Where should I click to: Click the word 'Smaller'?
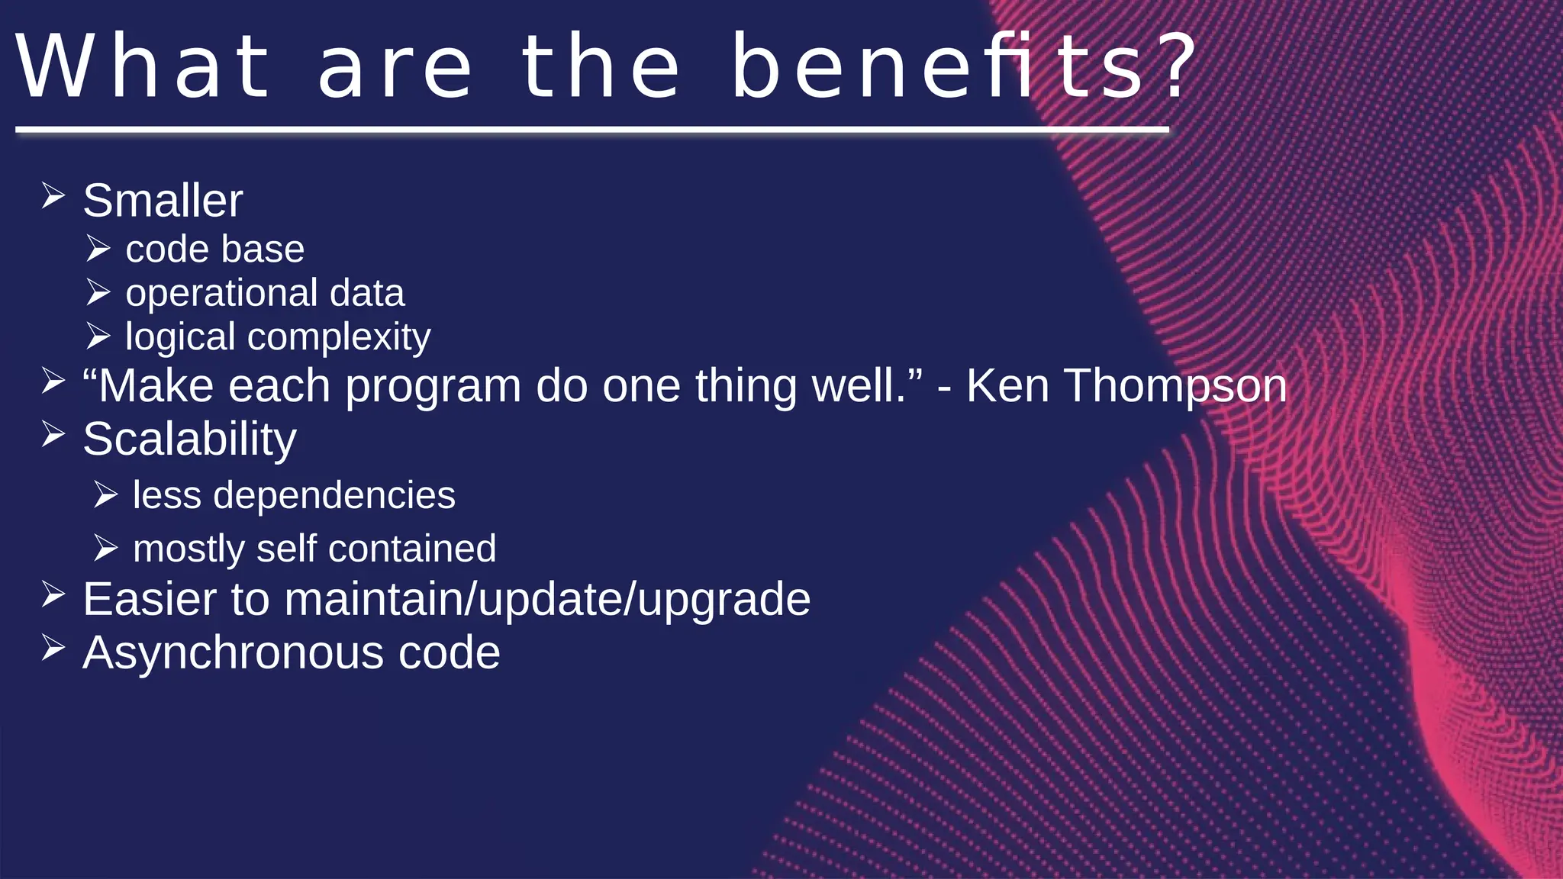163,201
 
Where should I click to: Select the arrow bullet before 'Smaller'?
53,196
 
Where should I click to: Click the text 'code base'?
214,250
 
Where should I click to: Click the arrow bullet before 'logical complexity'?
98,336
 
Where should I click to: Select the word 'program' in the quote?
433,387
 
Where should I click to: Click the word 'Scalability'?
189,439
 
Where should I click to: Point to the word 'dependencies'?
334,496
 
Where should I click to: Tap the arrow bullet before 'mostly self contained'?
106,548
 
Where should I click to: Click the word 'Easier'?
150,599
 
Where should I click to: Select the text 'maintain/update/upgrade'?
547,600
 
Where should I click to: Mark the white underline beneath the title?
592,130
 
